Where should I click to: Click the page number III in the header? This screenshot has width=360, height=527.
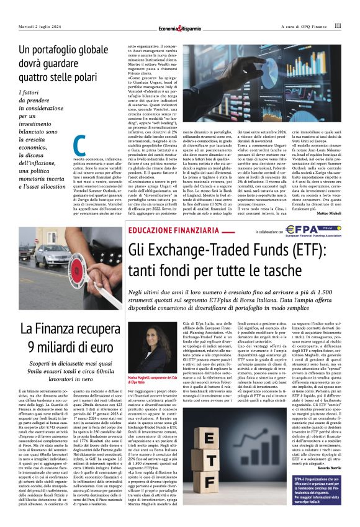click(x=337, y=26)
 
